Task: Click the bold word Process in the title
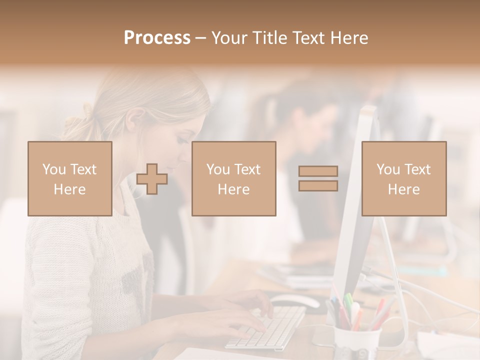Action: click(157, 38)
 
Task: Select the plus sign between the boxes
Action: click(152, 179)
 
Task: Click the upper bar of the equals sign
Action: click(318, 171)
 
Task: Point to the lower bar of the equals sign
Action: click(318, 185)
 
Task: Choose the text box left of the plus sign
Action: click(70, 178)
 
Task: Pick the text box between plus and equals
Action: click(234, 178)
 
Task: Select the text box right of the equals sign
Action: click(404, 178)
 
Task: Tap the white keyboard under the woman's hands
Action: click(267, 327)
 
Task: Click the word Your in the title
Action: click(229, 38)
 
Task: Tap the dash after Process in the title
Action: click(201, 38)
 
